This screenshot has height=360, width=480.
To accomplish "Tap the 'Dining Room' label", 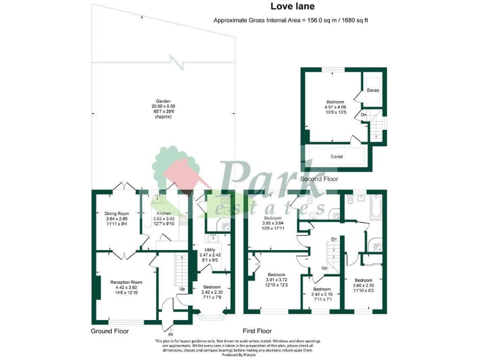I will coord(116,213).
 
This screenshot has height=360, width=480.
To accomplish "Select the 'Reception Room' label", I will coord(127,282).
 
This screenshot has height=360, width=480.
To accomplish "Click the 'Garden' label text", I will coord(163,101).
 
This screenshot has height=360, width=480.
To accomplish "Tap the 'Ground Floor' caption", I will coord(110,330).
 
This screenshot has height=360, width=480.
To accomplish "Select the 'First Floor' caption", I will coord(257,330).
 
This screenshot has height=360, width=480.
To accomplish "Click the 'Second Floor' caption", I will coord(319,179).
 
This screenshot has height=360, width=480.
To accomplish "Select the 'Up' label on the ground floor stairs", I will coord(182,289).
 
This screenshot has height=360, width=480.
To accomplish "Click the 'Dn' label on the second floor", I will coord(364,115).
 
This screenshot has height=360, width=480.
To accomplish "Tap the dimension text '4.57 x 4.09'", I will coord(334,107).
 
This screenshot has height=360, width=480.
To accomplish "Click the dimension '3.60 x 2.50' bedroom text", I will coord(363,285).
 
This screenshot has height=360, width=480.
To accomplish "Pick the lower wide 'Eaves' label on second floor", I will coord(337,156).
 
